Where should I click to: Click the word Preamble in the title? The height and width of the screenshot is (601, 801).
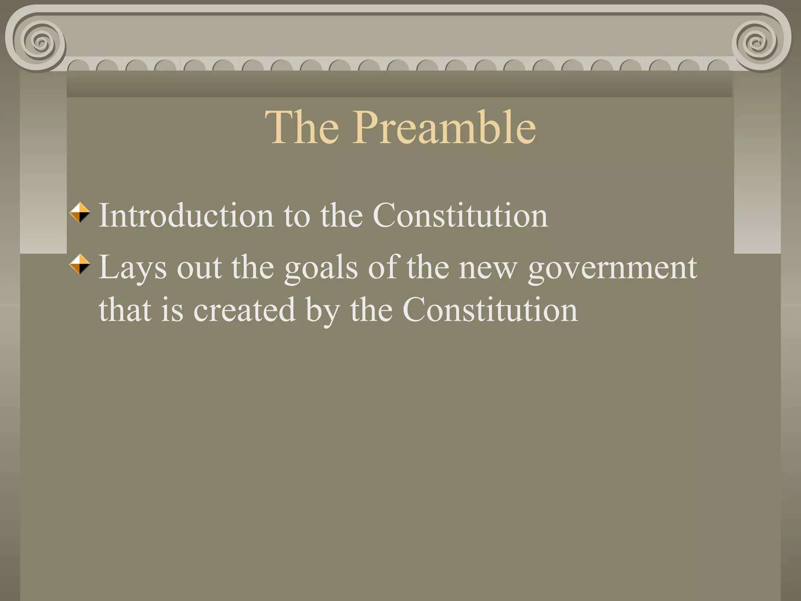[x=444, y=127]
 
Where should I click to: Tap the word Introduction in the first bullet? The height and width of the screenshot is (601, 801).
[x=186, y=215]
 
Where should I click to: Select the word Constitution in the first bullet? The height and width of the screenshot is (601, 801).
[x=460, y=215]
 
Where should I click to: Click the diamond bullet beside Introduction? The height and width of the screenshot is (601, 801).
[x=80, y=213]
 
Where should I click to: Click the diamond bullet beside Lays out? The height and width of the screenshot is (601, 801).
[x=80, y=265]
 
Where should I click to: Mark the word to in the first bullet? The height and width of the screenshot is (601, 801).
[x=296, y=215]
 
